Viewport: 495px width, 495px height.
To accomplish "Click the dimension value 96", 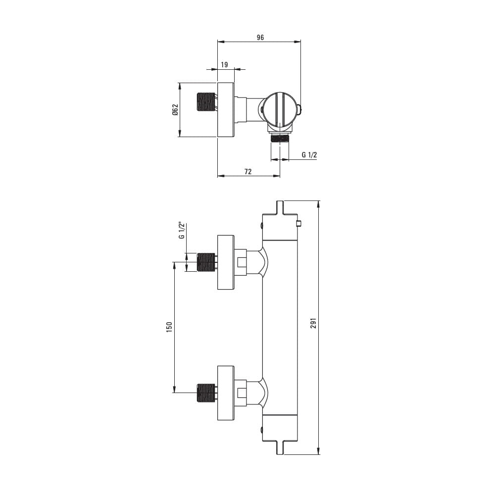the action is click(x=260, y=38).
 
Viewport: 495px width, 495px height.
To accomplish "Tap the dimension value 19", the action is click(x=224, y=65).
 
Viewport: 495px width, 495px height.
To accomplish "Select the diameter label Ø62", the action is click(x=176, y=109).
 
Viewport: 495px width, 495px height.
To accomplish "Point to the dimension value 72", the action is click(x=248, y=171).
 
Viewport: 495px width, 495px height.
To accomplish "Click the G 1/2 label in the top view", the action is click(x=309, y=154).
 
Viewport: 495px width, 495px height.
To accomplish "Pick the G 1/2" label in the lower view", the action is click(x=182, y=231).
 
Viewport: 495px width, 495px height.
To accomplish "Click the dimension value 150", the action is click(x=169, y=327).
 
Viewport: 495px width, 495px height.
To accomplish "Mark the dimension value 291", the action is click(x=313, y=323).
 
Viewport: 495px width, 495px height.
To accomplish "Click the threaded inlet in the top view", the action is click(x=206, y=101).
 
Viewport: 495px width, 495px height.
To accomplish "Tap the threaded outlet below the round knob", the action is click(x=280, y=138).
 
